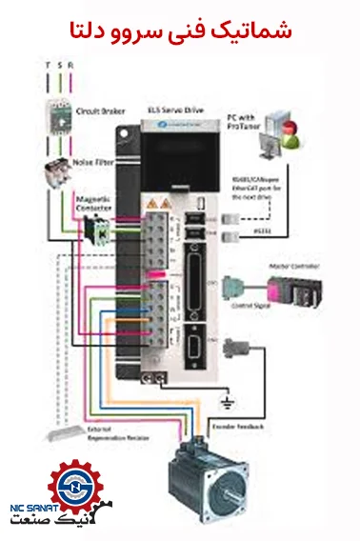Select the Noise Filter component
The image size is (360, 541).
tap(58, 174)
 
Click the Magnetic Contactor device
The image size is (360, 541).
tap(94, 230)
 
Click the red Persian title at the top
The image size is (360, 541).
tap(180, 29)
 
